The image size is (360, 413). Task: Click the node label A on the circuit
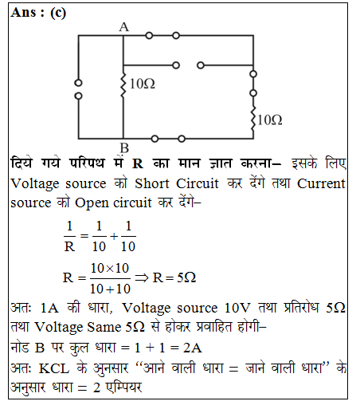point(124,27)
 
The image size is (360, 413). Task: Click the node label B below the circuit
point(124,147)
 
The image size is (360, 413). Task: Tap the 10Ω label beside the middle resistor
point(142,84)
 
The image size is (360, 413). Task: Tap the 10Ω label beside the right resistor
point(269,120)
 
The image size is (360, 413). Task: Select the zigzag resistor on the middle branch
point(123,85)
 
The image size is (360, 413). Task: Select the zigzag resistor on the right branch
point(253,119)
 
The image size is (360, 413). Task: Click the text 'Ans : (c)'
point(38,13)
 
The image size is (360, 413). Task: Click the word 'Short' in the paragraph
point(152,183)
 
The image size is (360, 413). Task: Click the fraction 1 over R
point(69,236)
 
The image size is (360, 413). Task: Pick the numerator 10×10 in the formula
point(110,268)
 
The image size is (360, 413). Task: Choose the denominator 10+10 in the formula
point(110,289)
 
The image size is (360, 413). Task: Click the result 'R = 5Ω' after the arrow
point(174,277)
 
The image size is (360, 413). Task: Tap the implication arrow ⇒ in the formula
point(142,278)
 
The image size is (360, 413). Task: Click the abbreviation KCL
point(54,368)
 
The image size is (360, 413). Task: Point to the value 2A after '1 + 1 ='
point(193,348)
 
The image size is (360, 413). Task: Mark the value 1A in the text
point(49,308)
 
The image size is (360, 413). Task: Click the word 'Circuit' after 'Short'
point(198,183)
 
